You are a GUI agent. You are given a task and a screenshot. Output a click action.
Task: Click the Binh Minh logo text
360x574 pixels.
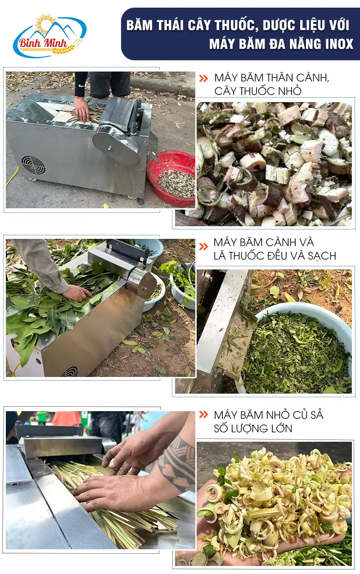click(43, 43)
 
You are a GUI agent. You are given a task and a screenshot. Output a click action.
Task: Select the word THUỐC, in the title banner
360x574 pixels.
click(234, 25)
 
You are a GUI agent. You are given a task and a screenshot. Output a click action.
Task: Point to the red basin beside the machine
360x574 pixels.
click(171, 178)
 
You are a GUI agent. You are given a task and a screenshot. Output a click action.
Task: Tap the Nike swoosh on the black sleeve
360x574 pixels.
click(81, 85)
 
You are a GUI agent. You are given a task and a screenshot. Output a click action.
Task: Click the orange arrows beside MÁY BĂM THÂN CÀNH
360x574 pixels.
click(203, 78)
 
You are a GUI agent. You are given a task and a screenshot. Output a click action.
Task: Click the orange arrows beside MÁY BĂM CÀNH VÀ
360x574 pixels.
click(203, 247)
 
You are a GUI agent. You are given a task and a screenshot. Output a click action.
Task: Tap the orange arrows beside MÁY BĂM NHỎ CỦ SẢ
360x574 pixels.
click(203, 414)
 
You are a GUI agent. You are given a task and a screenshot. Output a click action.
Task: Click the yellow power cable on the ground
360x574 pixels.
click(12, 176)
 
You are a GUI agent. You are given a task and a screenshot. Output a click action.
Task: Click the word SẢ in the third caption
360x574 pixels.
click(316, 415)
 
